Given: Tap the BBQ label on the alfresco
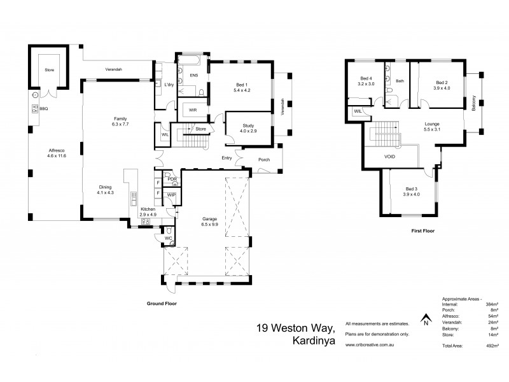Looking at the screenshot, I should [x=44, y=109].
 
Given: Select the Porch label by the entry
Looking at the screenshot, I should [x=266, y=160].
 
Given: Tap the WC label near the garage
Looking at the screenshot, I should [x=168, y=238].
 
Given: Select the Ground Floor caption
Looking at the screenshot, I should [x=162, y=304].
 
